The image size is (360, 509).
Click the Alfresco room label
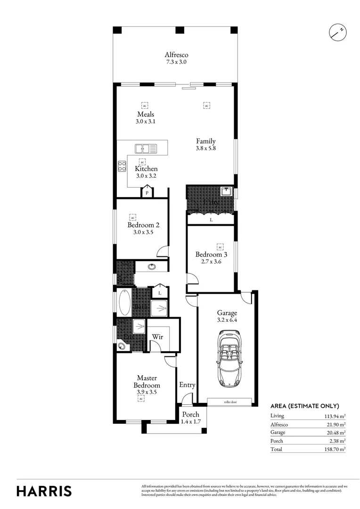(x=176, y=55)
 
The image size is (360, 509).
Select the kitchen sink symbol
(x=147, y=148)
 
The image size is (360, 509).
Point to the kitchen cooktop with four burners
(x=122, y=166)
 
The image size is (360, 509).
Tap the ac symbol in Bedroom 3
(x=220, y=246)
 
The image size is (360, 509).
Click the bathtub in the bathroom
(x=125, y=303)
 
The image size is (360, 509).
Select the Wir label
(x=157, y=337)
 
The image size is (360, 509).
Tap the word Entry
(x=187, y=385)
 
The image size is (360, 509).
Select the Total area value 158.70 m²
(x=334, y=449)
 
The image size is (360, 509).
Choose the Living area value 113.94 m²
(x=334, y=416)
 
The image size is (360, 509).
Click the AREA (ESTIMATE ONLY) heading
(x=304, y=406)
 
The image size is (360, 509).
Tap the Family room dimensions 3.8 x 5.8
(x=206, y=148)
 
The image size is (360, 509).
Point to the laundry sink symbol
(x=227, y=191)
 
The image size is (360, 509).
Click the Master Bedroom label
(x=146, y=381)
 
